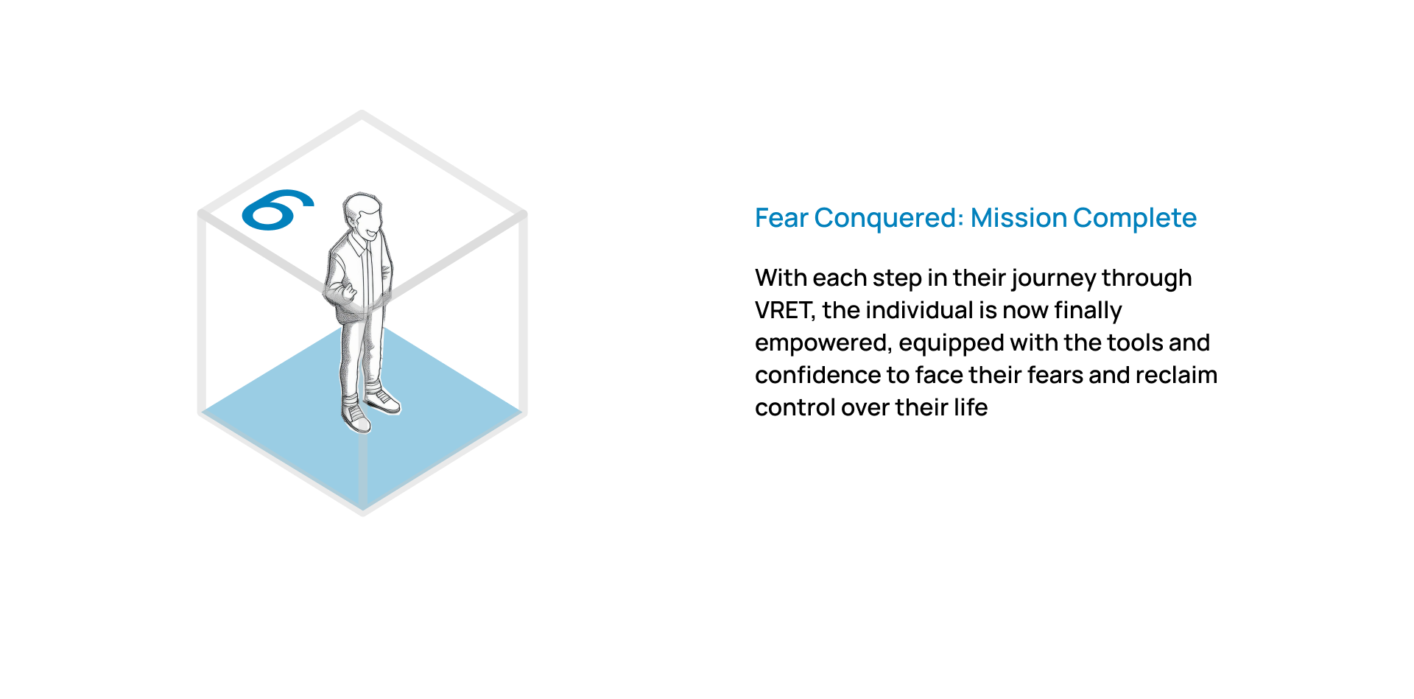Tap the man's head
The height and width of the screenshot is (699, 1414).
pyautogui.click(x=362, y=215)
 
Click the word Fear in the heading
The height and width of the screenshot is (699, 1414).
pyautogui.click(x=781, y=218)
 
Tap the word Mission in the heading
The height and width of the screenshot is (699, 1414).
pyautogui.click(x=1018, y=218)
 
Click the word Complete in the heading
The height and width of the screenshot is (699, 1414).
pyautogui.click(x=1135, y=219)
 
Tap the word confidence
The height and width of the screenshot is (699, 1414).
pyautogui.click(x=817, y=375)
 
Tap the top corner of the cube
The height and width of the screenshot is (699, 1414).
pyautogui.click(x=362, y=112)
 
